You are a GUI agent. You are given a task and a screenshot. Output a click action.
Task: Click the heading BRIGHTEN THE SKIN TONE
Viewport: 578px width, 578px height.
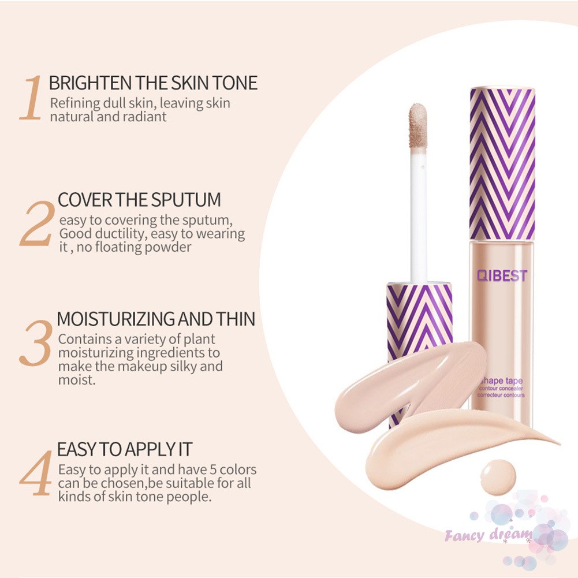click(x=153, y=83)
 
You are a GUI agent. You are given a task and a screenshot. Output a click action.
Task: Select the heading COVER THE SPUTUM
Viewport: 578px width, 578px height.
click(x=139, y=200)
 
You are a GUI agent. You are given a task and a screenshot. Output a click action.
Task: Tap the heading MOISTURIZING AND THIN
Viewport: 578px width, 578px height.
click(x=156, y=319)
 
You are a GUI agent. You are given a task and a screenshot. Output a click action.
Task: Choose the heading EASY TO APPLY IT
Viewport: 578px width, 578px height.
click(x=124, y=449)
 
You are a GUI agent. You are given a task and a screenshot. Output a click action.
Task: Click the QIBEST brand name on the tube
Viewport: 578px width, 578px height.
click(x=502, y=275)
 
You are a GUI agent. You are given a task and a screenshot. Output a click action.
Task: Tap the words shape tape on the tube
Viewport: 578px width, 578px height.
click(x=502, y=381)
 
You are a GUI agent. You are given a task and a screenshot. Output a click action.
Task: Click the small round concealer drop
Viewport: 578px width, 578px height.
click(x=498, y=477)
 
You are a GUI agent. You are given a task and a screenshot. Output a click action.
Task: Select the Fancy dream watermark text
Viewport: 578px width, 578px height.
click(x=488, y=535)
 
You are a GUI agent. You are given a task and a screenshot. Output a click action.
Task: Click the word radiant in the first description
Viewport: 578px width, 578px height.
click(x=146, y=116)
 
